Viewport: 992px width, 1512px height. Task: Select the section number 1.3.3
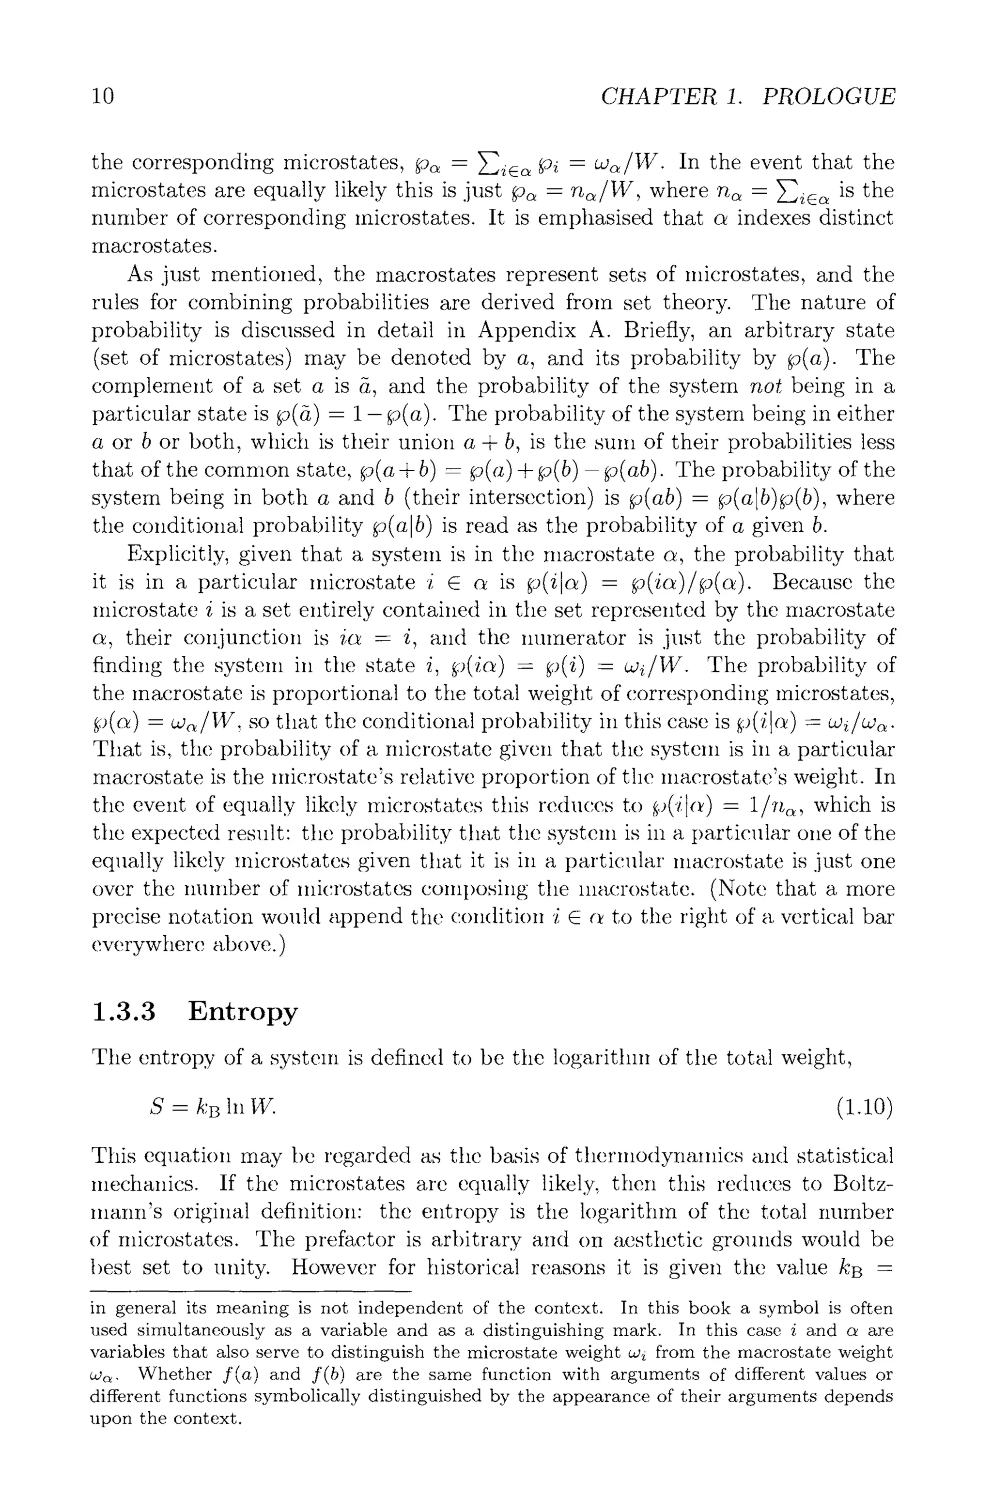click(124, 1011)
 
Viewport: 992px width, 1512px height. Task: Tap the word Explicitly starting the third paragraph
click(176, 555)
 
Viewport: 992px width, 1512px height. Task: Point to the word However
click(333, 1267)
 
